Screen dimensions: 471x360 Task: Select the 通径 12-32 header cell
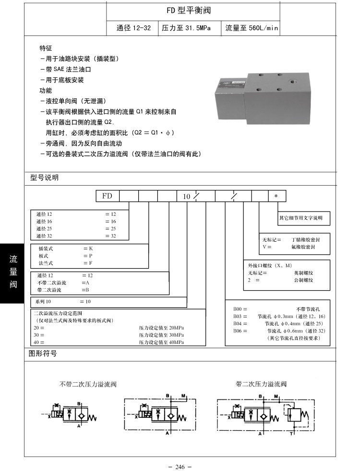click(134, 28)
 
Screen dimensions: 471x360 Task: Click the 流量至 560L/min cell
click(252, 28)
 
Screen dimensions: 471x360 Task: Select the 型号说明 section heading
click(45, 177)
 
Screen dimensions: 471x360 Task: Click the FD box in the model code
click(108, 196)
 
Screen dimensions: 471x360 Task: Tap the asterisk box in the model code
click(276, 196)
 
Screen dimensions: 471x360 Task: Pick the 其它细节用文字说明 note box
click(304, 218)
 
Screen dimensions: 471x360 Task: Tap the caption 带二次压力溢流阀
click(261, 384)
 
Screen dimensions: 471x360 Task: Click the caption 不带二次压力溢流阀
click(88, 384)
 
